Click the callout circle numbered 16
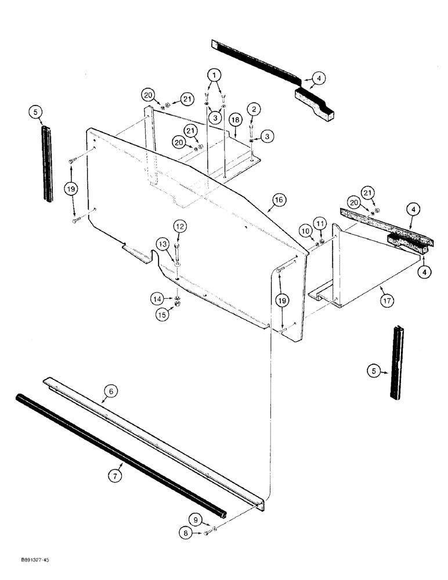pyautogui.click(x=278, y=200)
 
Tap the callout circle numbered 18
pyautogui.click(x=234, y=119)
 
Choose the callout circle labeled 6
pyautogui.click(x=112, y=392)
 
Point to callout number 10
pyautogui.click(x=305, y=231)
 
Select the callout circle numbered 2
pyautogui.click(x=254, y=108)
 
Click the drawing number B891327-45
pyautogui.click(x=26, y=561)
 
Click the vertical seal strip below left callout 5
pyautogui.click(x=47, y=165)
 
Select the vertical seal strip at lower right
pyautogui.click(x=396, y=362)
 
